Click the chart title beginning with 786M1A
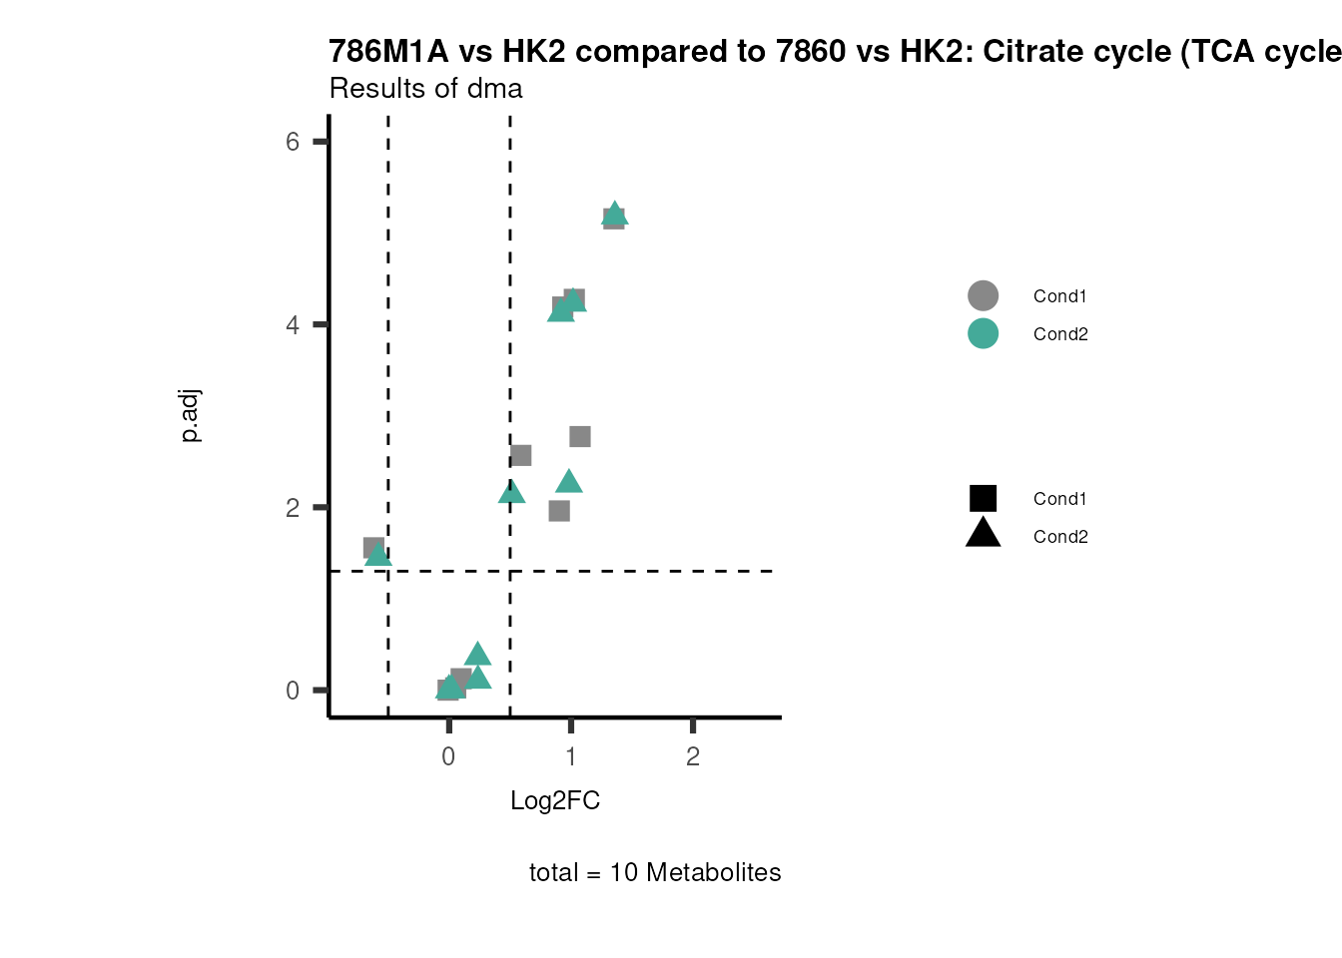tap(835, 52)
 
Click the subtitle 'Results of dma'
tap(425, 89)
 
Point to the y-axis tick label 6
tap(292, 142)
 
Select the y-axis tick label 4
tap(292, 325)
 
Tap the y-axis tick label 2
tap(292, 508)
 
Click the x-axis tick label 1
tap(570, 756)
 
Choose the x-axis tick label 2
tap(693, 756)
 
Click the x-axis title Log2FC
tap(555, 801)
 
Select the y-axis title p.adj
tap(191, 416)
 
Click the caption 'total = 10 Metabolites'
tap(655, 873)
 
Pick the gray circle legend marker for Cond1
tap(983, 295)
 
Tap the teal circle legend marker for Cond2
tap(983, 333)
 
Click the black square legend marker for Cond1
tap(983, 498)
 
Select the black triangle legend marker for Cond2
tap(983, 534)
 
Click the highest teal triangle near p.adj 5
tap(615, 214)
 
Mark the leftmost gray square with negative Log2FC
tap(373, 548)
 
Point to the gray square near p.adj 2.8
tap(580, 437)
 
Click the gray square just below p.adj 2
tap(559, 511)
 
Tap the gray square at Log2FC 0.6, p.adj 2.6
tap(520, 455)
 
